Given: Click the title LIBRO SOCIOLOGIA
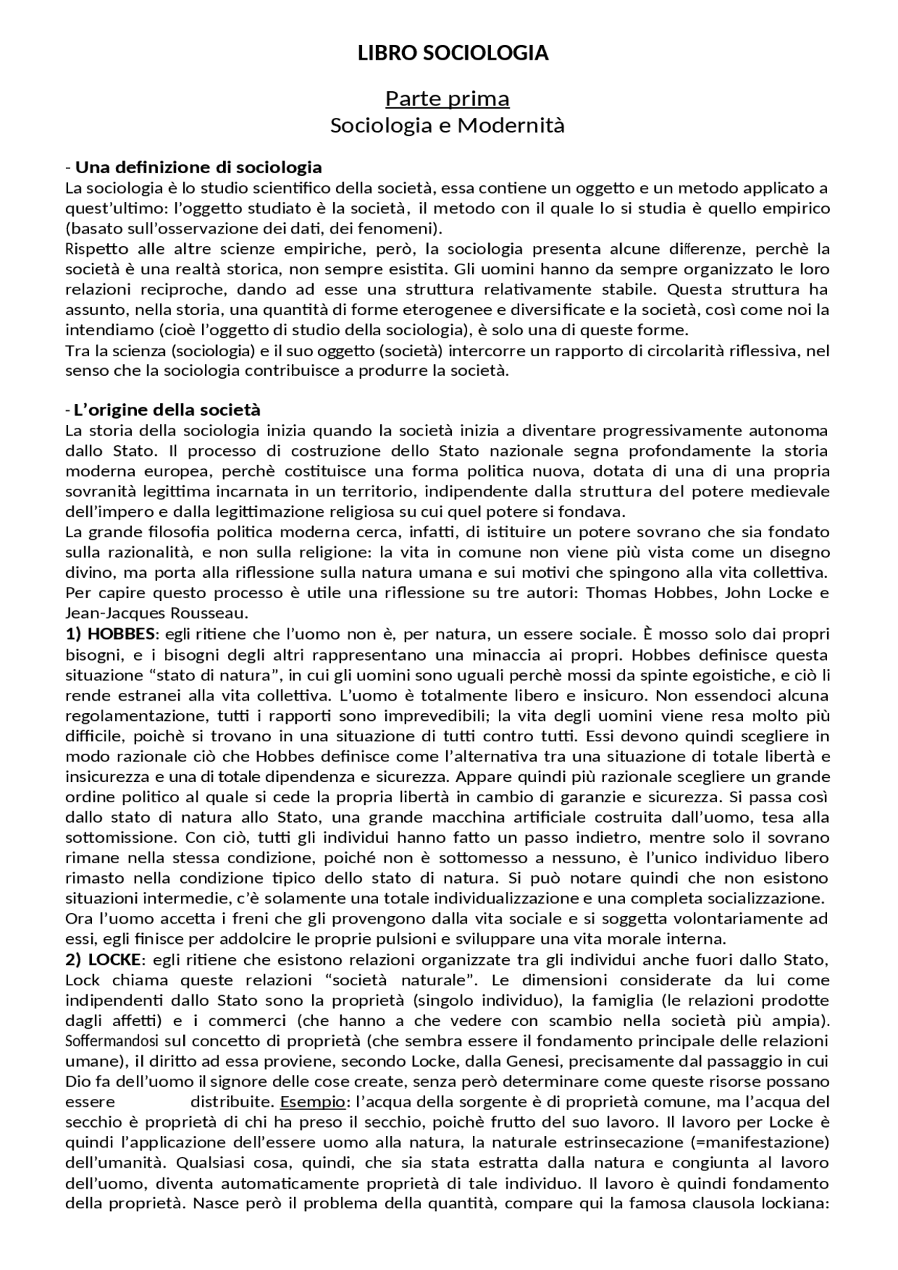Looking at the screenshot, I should pyautogui.click(x=453, y=53).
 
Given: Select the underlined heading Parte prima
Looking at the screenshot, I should pyautogui.click(x=447, y=99).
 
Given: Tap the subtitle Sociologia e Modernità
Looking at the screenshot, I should pyautogui.click(x=447, y=126).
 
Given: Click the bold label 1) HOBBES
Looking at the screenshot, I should pyautogui.click(x=110, y=634).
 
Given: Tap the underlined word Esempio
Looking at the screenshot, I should pyautogui.click(x=312, y=1102).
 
